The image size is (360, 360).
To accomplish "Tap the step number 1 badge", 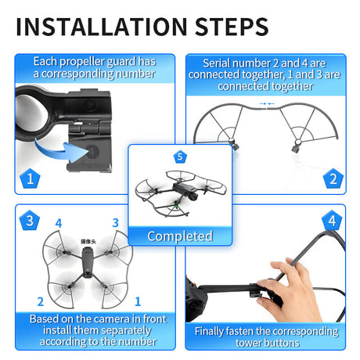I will (29, 178).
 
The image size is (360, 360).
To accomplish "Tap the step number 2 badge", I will (332, 178).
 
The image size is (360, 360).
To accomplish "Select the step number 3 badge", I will (29, 221).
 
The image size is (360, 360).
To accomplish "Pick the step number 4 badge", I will (332, 221).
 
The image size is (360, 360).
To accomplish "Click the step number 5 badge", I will (180, 157).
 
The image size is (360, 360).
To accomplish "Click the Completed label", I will (180, 236).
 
